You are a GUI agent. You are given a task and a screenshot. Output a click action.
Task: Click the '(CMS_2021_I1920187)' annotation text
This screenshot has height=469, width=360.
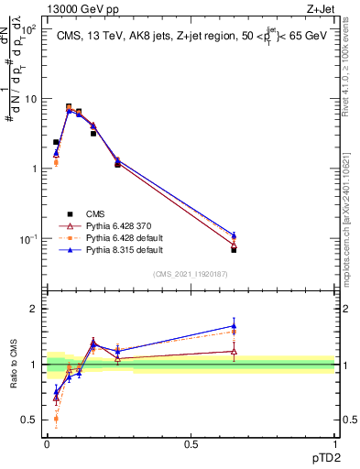pos(191,273)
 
